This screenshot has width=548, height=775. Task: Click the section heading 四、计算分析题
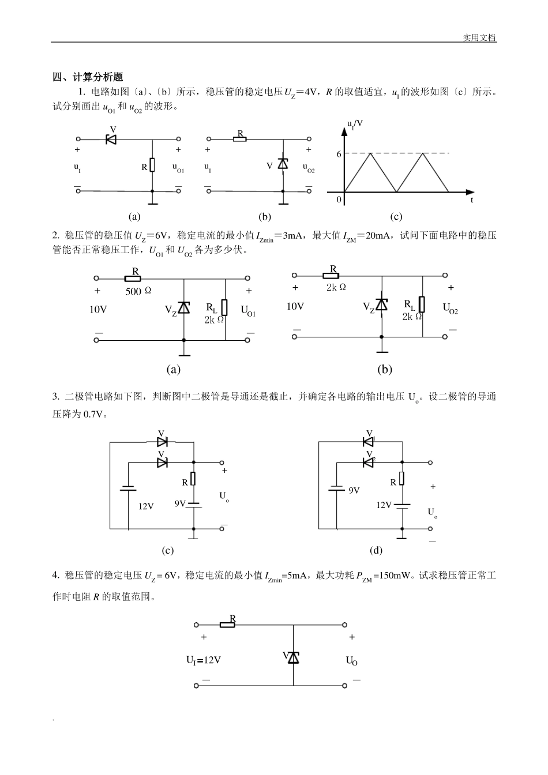(88, 77)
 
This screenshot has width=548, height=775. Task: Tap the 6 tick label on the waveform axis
(339, 155)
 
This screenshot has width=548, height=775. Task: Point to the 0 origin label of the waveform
(339, 200)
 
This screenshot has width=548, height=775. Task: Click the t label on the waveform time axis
(471, 200)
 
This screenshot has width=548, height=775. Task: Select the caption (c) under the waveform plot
(396, 217)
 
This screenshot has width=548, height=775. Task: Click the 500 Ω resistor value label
(138, 291)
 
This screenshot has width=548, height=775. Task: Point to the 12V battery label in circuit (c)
(146, 506)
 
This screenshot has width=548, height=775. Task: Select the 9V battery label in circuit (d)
(354, 490)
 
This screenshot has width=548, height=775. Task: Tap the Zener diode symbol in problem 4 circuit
(294, 658)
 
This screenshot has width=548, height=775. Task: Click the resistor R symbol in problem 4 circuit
(228, 624)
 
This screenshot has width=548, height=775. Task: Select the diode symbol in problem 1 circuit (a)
(111, 139)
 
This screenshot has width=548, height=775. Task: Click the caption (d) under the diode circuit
(376, 550)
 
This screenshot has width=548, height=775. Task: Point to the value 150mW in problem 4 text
(394, 575)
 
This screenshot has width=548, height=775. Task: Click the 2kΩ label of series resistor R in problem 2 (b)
(336, 287)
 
